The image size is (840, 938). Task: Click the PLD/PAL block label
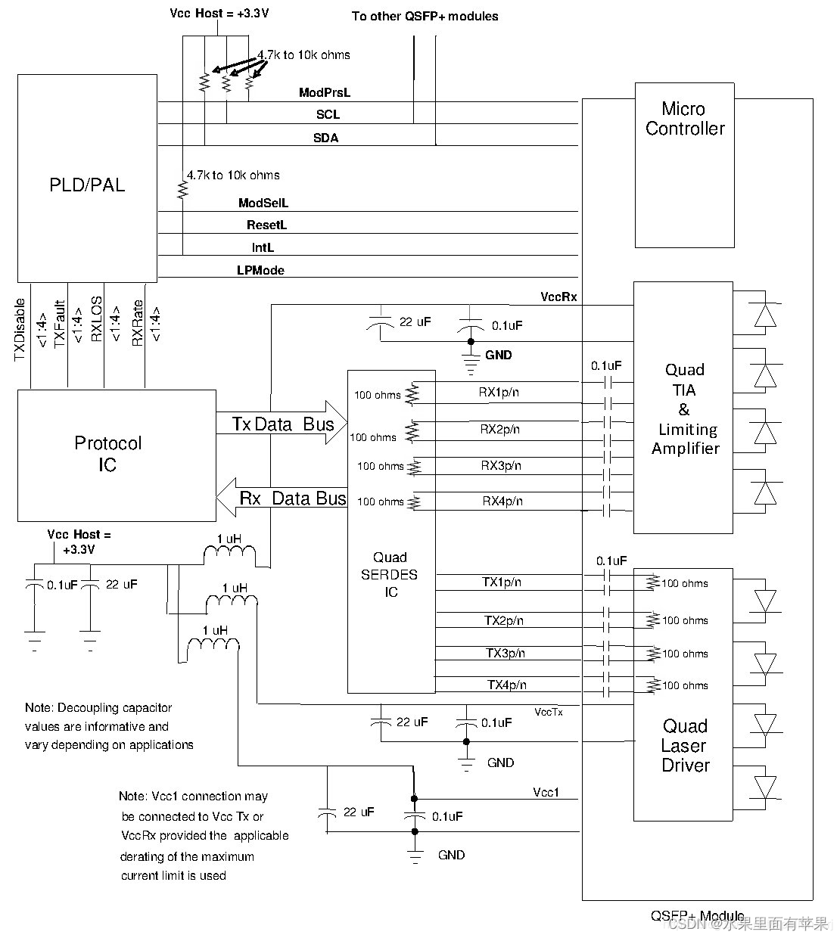[x=87, y=185]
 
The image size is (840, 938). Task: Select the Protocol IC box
[x=117, y=455]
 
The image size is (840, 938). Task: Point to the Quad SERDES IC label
[x=390, y=575]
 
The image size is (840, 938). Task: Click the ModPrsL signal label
[x=325, y=93]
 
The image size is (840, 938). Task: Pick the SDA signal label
[x=326, y=138]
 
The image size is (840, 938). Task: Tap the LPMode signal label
[x=260, y=270]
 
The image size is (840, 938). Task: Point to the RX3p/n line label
[x=500, y=465]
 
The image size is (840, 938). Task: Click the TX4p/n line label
[x=506, y=685]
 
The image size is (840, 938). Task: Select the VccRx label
[x=558, y=297]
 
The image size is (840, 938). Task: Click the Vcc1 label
[x=546, y=792]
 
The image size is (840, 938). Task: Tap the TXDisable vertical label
[x=20, y=330]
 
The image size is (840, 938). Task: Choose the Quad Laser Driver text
[x=685, y=745]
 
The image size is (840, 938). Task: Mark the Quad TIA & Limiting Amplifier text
[x=685, y=408]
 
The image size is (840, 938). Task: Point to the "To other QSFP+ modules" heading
[x=425, y=16]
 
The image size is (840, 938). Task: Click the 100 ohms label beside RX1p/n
[x=378, y=395]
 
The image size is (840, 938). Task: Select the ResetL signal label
[x=266, y=225]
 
